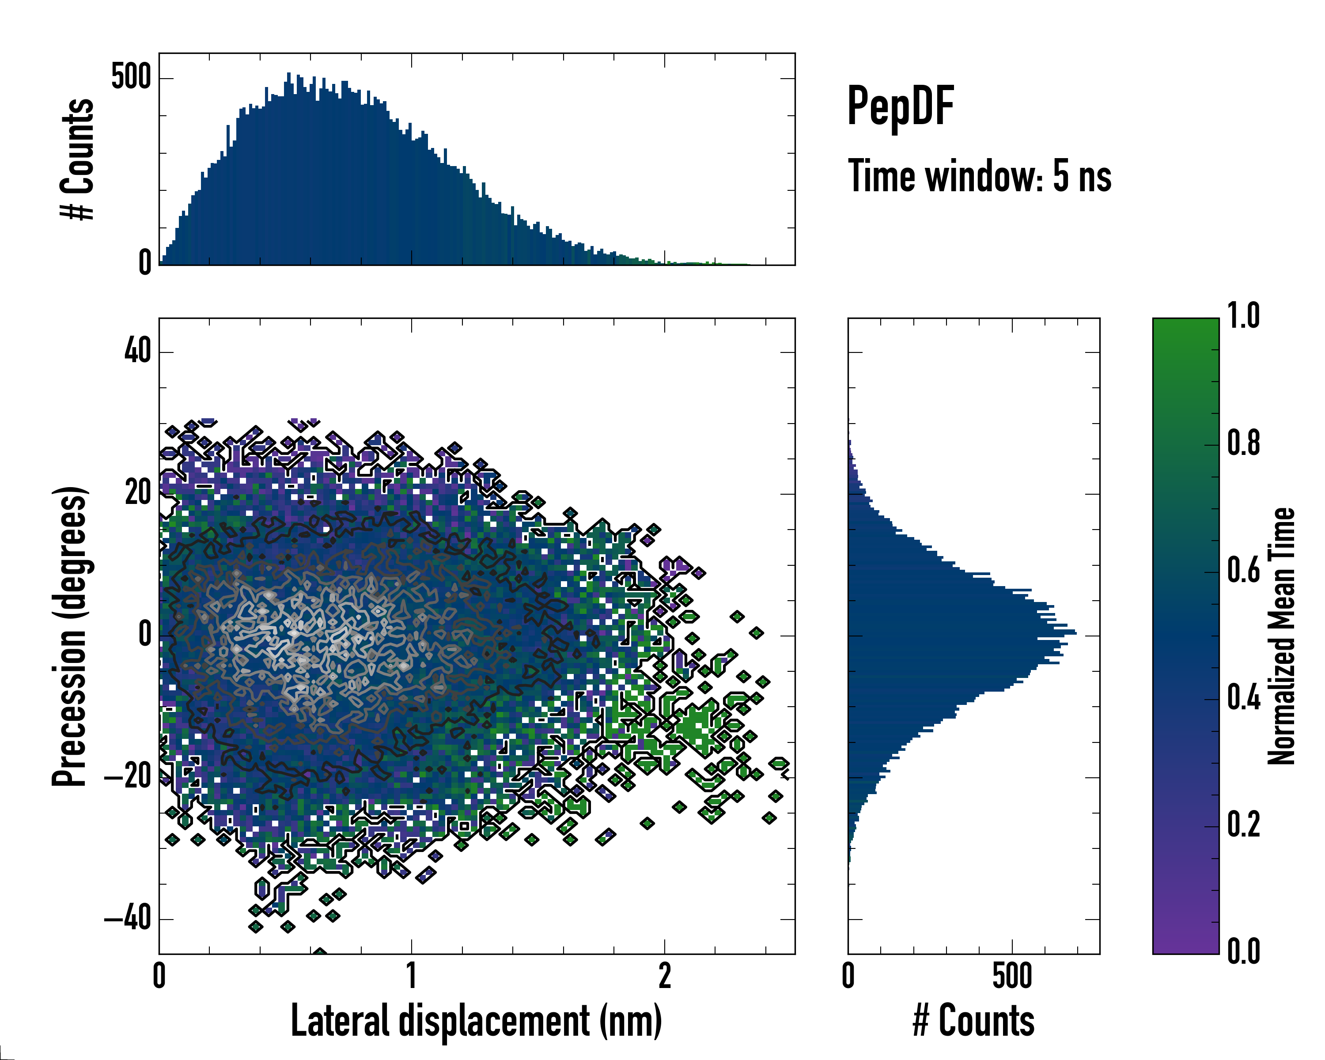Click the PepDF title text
pos(900,107)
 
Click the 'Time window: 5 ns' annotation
pos(979,176)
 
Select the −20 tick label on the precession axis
pos(129,777)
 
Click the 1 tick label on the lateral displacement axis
pos(411,976)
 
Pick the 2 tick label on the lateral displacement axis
pos(664,976)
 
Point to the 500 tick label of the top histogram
pos(131,78)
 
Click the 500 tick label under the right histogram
pos(1011,976)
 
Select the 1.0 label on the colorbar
pos(1243,316)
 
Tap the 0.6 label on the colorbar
pos(1243,571)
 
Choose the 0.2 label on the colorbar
pos(1243,825)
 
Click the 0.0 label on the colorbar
pos(1243,951)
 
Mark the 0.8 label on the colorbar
pos(1243,443)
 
